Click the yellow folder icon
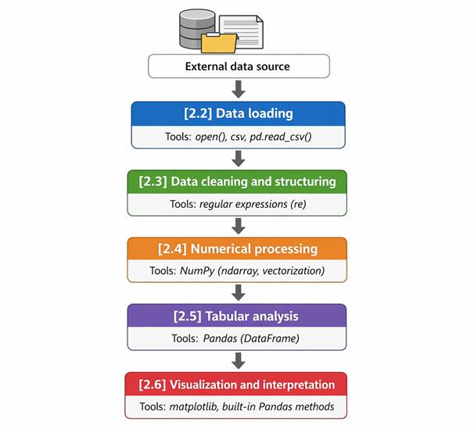click(x=219, y=43)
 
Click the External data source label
click(x=238, y=66)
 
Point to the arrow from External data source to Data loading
click(x=239, y=89)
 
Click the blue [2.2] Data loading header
click(x=239, y=113)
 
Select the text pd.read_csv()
click(x=281, y=137)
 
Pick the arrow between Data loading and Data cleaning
click(x=239, y=159)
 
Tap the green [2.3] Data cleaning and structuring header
click(x=237, y=182)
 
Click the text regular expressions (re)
click(x=253, y=204)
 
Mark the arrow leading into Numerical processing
click(x=239, y=226)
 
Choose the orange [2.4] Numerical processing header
click(x=237, y=249)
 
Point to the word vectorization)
click(x=293, y=270)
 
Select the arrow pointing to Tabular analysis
click(x=239, y=292)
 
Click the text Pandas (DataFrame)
click(x=251, y=338)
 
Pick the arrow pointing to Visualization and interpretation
click(x=239, y=360)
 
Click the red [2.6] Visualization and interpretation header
click(x=236, y=385)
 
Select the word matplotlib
click(x=193, y=406)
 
